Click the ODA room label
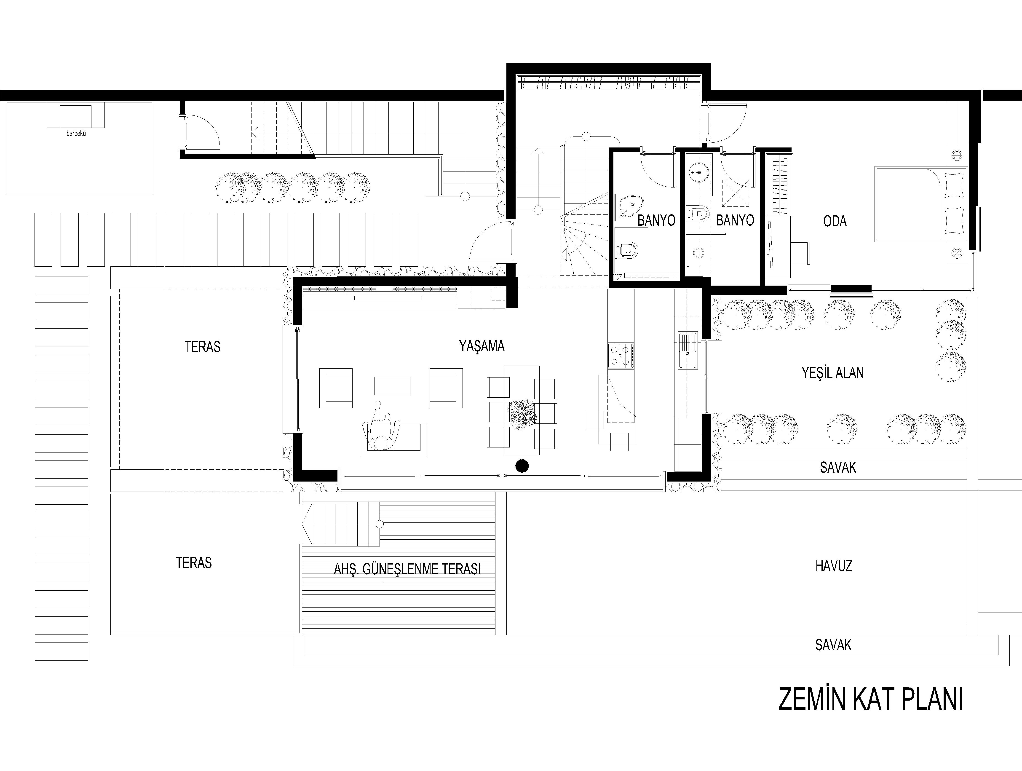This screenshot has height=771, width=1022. (835, 221)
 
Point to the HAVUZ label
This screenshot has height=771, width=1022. (834, 566)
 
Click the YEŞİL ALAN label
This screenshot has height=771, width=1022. (832, 373)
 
